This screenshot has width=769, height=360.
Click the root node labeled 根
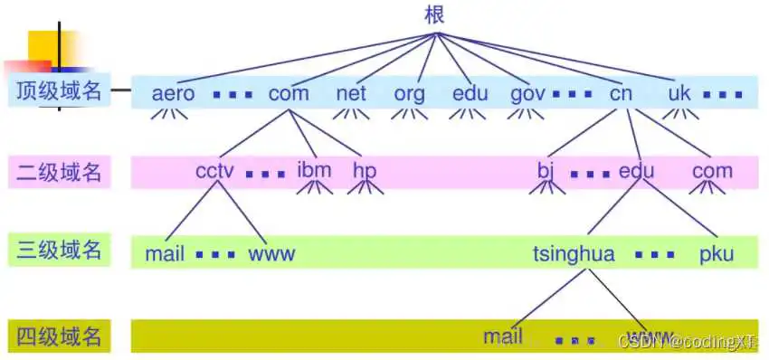[x=434, y=14]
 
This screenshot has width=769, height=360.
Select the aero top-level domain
[x=174, y=93]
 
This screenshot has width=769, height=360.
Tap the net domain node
[x=350, y=93]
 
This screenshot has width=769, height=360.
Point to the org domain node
[x=410, y=93]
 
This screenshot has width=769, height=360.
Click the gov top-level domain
[x=527, y=93]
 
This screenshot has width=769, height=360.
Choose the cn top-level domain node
[x=621, y=93]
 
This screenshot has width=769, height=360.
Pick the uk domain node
[x=679, y=93]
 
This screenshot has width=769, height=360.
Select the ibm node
[x=314, y=170]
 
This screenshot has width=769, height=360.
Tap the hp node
[x=364, y=170]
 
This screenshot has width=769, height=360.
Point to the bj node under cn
[x=545, y=171]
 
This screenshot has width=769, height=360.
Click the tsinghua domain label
[x=574, y=254]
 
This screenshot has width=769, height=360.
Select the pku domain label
[x=716, y=253]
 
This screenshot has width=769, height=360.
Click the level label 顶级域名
[x=59, y=91]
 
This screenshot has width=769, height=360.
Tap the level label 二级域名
[x=59, y=172]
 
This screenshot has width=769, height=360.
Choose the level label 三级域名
[x=59, y=249]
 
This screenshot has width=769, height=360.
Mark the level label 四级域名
[x=59, y=336]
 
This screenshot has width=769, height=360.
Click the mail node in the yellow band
[x=503, y=337]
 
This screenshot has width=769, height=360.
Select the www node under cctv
[x=271, y=253]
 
